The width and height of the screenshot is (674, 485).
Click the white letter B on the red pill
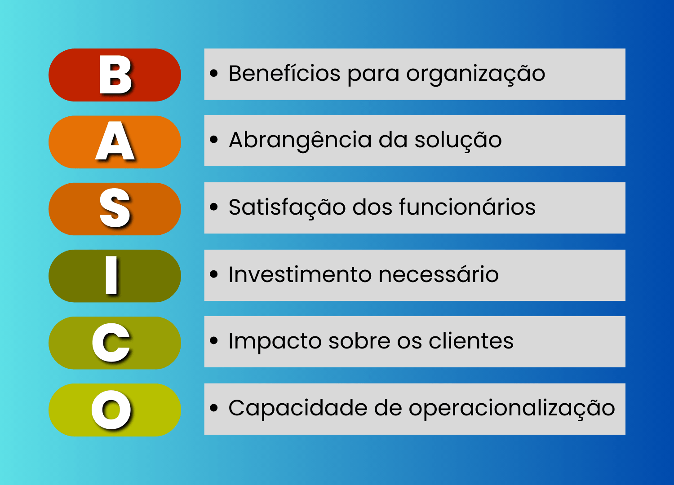tap(115, 75)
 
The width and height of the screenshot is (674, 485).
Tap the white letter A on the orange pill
tap(115, 142)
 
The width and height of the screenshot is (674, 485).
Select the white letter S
tap(115, 208)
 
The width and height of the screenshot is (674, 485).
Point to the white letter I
tap(111, 275)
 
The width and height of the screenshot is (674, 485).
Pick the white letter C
tap(111, 343)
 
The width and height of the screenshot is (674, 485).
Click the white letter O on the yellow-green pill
tap(111, 410)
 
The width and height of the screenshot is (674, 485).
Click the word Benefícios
tap(284, 73)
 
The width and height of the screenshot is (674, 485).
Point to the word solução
tap(458, 140)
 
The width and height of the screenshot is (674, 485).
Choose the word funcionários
tap(467, 207)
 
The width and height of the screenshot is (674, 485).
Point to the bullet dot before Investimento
tap(214, 274)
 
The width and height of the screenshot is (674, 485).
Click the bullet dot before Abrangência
tap(214, 140)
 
